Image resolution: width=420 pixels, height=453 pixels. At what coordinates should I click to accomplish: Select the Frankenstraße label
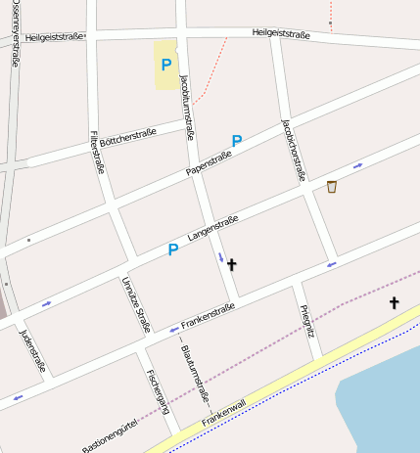(x=209, y=316)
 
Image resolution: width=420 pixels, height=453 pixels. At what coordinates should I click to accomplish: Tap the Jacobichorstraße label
(x=291, y=150)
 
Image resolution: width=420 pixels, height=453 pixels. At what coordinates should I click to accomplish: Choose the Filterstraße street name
(x=96, y=152)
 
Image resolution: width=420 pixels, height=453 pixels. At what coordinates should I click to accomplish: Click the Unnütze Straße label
(x=136, y=303)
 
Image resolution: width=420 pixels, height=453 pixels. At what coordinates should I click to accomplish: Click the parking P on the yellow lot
(x=165, y=65)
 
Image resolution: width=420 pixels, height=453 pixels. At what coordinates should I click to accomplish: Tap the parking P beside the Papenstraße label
(x=236, y=141)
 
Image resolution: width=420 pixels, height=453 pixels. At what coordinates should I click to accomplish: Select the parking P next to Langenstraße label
(x=172, y=249)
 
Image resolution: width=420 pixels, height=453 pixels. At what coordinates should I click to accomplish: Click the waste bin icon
(x=332, y=187)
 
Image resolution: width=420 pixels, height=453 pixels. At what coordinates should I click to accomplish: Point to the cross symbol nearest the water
(x=395, y=303)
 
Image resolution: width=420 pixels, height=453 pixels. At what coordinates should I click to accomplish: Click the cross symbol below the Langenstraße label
(x=231, y=263)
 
